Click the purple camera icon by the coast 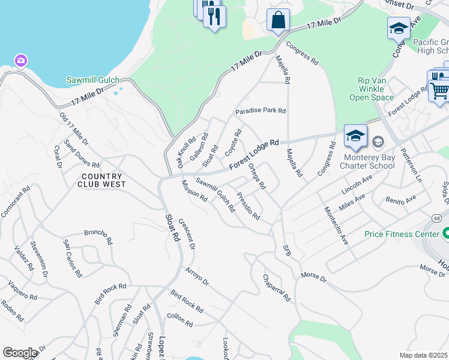click(x=21, y=61)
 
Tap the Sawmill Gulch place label click(x=93, y=80)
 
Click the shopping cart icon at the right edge click(x=440, y=91)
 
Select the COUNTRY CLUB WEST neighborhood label click(x=101, y=180)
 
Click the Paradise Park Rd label click(x=261, y=111)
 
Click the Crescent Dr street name click(x=187, y=233)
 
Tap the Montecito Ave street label click(x=336, y=225)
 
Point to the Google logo click(x=20, y=353)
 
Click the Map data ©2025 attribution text click(x=423, y=355)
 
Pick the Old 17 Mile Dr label click(x=74, y=128)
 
